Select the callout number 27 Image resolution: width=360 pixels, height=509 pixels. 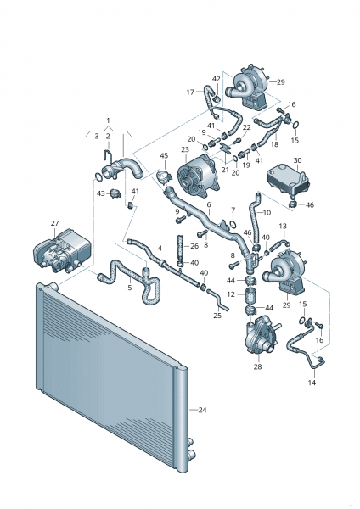click(x=53, y=223)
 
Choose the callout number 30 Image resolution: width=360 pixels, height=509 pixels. click(x=296, y=160)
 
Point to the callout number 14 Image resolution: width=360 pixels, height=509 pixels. click(x=311, y=383)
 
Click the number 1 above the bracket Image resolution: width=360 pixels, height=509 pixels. click(x=108, y=120)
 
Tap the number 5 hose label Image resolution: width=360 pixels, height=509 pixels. click(x=129, y=288)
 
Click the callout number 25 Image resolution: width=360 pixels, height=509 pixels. click(x=217, y=315)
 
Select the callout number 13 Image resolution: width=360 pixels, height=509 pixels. click(x=283, y=226)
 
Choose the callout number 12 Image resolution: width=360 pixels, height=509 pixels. click(x=231, y=294)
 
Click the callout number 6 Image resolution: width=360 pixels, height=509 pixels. click(x=209, y=204)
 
